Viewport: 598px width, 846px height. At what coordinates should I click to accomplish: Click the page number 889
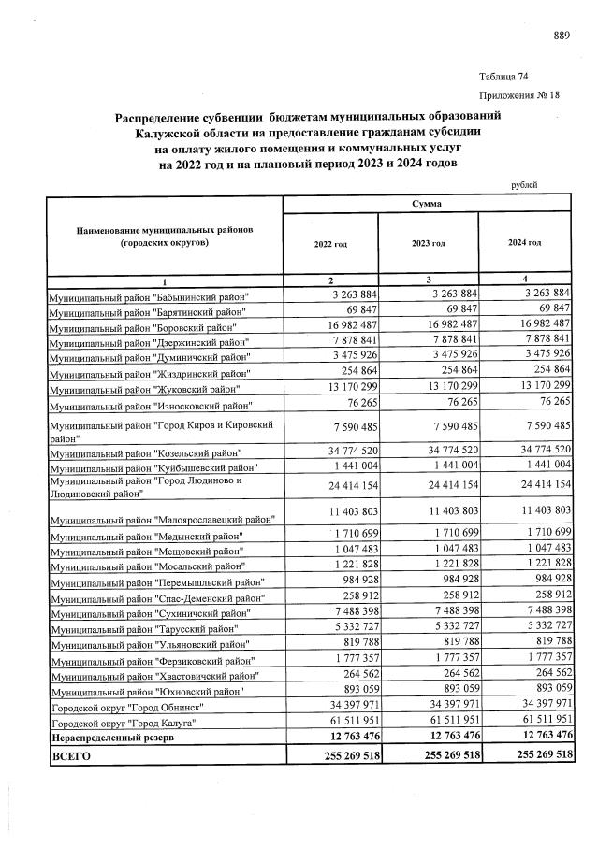[562, 36]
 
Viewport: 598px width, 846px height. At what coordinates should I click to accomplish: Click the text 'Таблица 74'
[503, 76]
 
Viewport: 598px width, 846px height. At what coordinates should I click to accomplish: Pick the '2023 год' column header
[428, 243]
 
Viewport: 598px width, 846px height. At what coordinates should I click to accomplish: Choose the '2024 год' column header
[524, 243]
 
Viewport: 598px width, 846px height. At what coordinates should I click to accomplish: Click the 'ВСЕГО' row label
[72, 756]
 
